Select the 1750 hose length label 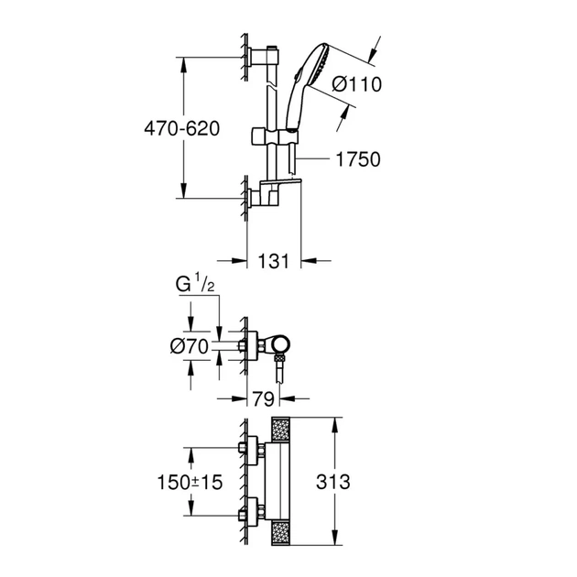[x=356, y=159]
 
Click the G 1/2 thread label [x=195, y=285]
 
